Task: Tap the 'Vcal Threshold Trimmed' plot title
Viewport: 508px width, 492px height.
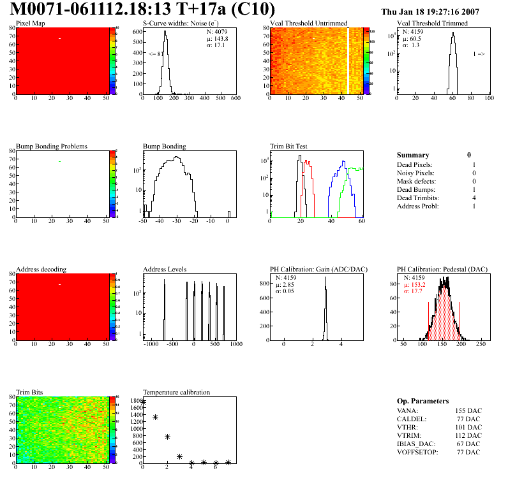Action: [x=432, y=24]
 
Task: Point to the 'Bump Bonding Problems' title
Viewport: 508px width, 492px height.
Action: [x=52, y=147]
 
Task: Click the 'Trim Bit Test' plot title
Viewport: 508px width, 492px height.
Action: [x=289, y=147]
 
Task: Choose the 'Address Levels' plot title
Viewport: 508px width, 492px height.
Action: [x=165, y=270]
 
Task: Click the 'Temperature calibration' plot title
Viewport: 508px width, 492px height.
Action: [x=176, y=393]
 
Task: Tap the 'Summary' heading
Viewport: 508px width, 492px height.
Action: [x=413, y=155]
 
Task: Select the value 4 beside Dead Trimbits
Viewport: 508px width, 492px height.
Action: [x=474, y=198]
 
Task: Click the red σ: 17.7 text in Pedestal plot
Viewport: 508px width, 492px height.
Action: [x=416, y=291]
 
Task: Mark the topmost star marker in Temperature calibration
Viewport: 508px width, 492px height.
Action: [x=143, y=402]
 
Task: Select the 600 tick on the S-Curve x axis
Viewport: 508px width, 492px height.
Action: [x=235, y=99]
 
